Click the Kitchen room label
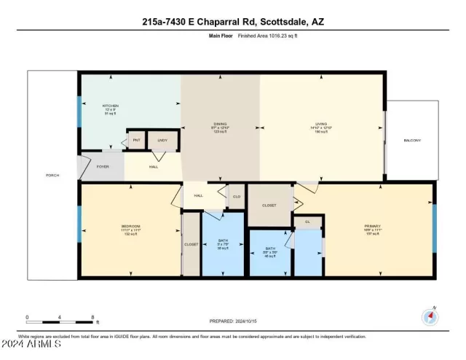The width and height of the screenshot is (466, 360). pyautogui.click(x=110, y=106)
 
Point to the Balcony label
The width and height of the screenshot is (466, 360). pyautogui.click(x=412, y=140)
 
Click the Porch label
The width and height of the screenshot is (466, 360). pyautogui.click(x=52, y=176)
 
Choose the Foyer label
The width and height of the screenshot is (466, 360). pyautogui.click(x=103, y=167)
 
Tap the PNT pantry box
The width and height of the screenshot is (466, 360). pyautogui.click(x=135, y=141)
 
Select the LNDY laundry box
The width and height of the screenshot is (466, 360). pyautogui.click(x=162, y=141)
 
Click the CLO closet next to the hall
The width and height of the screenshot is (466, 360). pyautogui.click(x=236, y=196)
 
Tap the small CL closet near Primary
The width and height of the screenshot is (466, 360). pyautogui.click(x=307, y=221)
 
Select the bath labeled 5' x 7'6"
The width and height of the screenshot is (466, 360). pyautogui.click(x=224, y=245)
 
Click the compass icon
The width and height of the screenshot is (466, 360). pyautogui.click(x=430, y=316)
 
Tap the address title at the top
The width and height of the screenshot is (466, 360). pyautogui.click(x=233, y=22)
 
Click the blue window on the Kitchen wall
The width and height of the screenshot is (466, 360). pyautogui.click(x=79, y=109)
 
